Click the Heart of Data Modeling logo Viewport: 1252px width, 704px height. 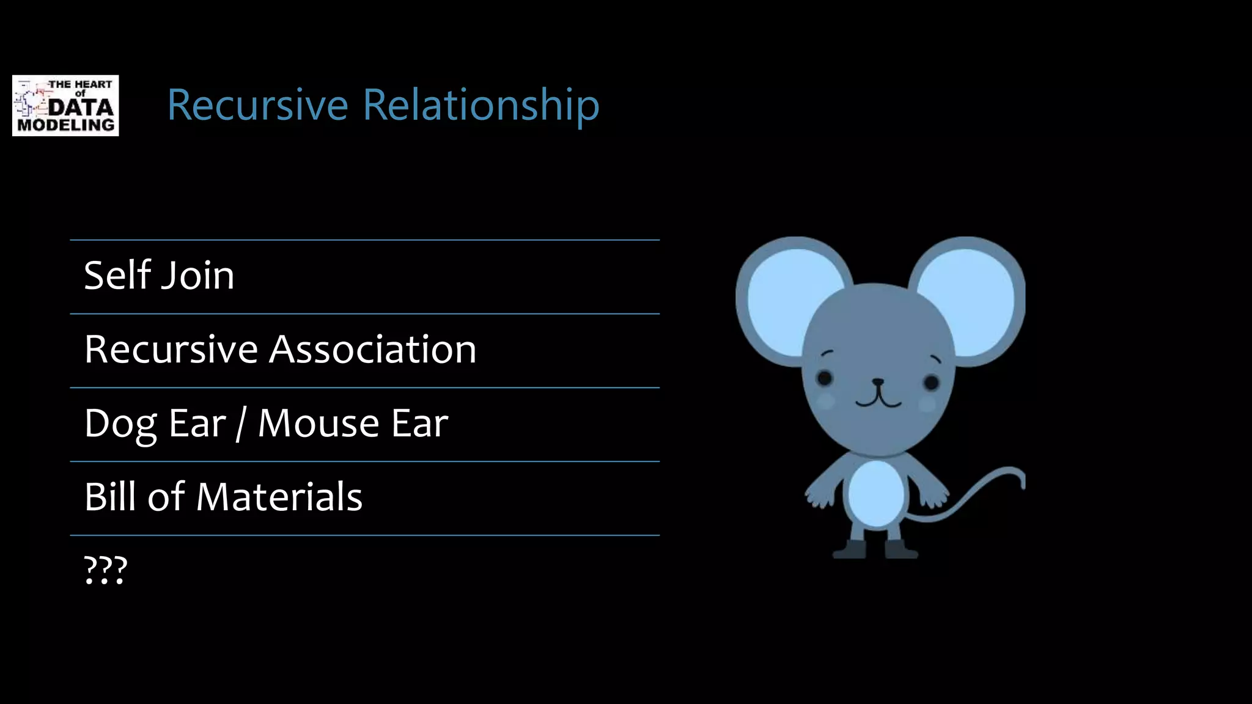(65, 106)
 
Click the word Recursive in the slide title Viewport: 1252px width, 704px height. (257, 105)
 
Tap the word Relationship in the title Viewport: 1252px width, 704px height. (481, 105)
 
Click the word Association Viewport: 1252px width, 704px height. (373, 350)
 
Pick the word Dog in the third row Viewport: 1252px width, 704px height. (121, 424)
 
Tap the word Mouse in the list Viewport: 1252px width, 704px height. (319, 423)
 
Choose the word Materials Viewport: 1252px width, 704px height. (279, 496)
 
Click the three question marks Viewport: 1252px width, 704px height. (105, 570)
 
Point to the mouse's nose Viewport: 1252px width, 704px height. (878, 383)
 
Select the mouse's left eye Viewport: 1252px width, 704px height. (825, 378)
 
